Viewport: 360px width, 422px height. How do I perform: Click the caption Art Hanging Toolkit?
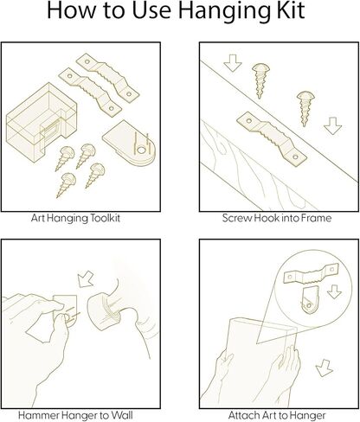75,218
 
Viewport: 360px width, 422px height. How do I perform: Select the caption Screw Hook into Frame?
277,218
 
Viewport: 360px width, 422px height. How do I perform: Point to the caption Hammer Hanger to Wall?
75,415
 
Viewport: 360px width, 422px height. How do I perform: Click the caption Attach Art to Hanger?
277,416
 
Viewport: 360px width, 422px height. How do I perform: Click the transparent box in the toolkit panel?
42,118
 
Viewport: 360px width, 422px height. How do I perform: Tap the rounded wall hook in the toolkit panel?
129,144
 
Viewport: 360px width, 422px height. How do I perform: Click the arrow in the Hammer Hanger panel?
86,278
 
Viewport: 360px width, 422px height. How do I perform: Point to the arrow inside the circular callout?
335,291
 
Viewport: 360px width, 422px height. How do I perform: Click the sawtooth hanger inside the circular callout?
311,273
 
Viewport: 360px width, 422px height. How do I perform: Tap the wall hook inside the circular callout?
309,300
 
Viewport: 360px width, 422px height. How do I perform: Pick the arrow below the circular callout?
325,368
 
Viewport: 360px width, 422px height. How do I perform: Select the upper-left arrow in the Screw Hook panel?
233,63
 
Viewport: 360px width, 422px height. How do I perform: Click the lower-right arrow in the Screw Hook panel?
332,126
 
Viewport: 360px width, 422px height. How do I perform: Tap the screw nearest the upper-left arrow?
260,80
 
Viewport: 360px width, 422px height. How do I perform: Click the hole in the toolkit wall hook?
141,150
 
